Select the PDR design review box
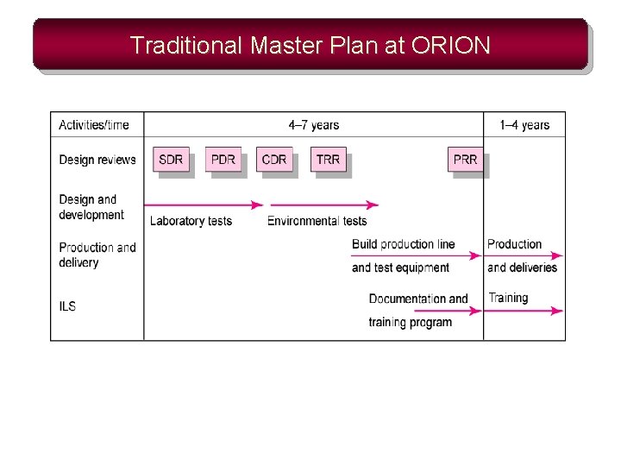223,160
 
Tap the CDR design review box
274,160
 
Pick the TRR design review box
328,160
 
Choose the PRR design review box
465,160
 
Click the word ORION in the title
452,45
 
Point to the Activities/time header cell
94,125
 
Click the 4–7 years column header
314,125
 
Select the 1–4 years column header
524,125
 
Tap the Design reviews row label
97,160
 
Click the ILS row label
67,306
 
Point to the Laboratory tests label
191,221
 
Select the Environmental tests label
317,221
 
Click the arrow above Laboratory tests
207,205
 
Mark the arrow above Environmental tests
323,205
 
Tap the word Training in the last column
508,298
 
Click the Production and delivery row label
97,255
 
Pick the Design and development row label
91,207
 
